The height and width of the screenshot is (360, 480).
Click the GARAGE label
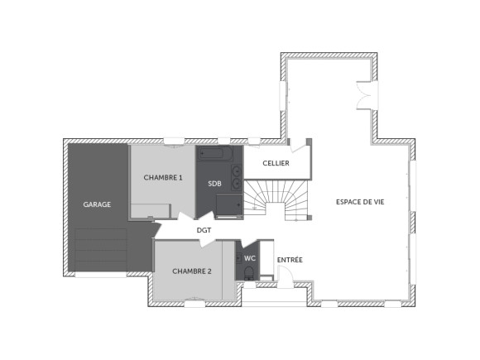[x=97, y=204]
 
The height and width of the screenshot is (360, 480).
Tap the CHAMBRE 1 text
[x=162, y=177]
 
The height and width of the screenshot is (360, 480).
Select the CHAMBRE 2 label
[x=192, y=271]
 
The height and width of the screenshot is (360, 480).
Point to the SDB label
[x=214, y=183]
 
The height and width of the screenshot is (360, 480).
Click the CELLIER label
[x=276, y=164]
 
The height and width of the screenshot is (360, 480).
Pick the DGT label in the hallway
[x=204, y=230]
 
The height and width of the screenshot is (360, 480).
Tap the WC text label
[x=248, y=258]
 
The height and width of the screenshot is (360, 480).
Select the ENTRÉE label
[x=290, y=260]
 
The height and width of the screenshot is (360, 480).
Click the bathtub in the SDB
[x=218, y=154]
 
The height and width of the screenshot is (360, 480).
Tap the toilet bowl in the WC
[x=249, y=273]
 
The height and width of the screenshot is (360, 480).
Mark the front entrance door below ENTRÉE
[x=286, y=281]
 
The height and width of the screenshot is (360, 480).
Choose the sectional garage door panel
[x=100, y=248]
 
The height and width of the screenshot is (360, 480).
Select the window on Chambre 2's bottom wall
[x=194, y=304]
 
